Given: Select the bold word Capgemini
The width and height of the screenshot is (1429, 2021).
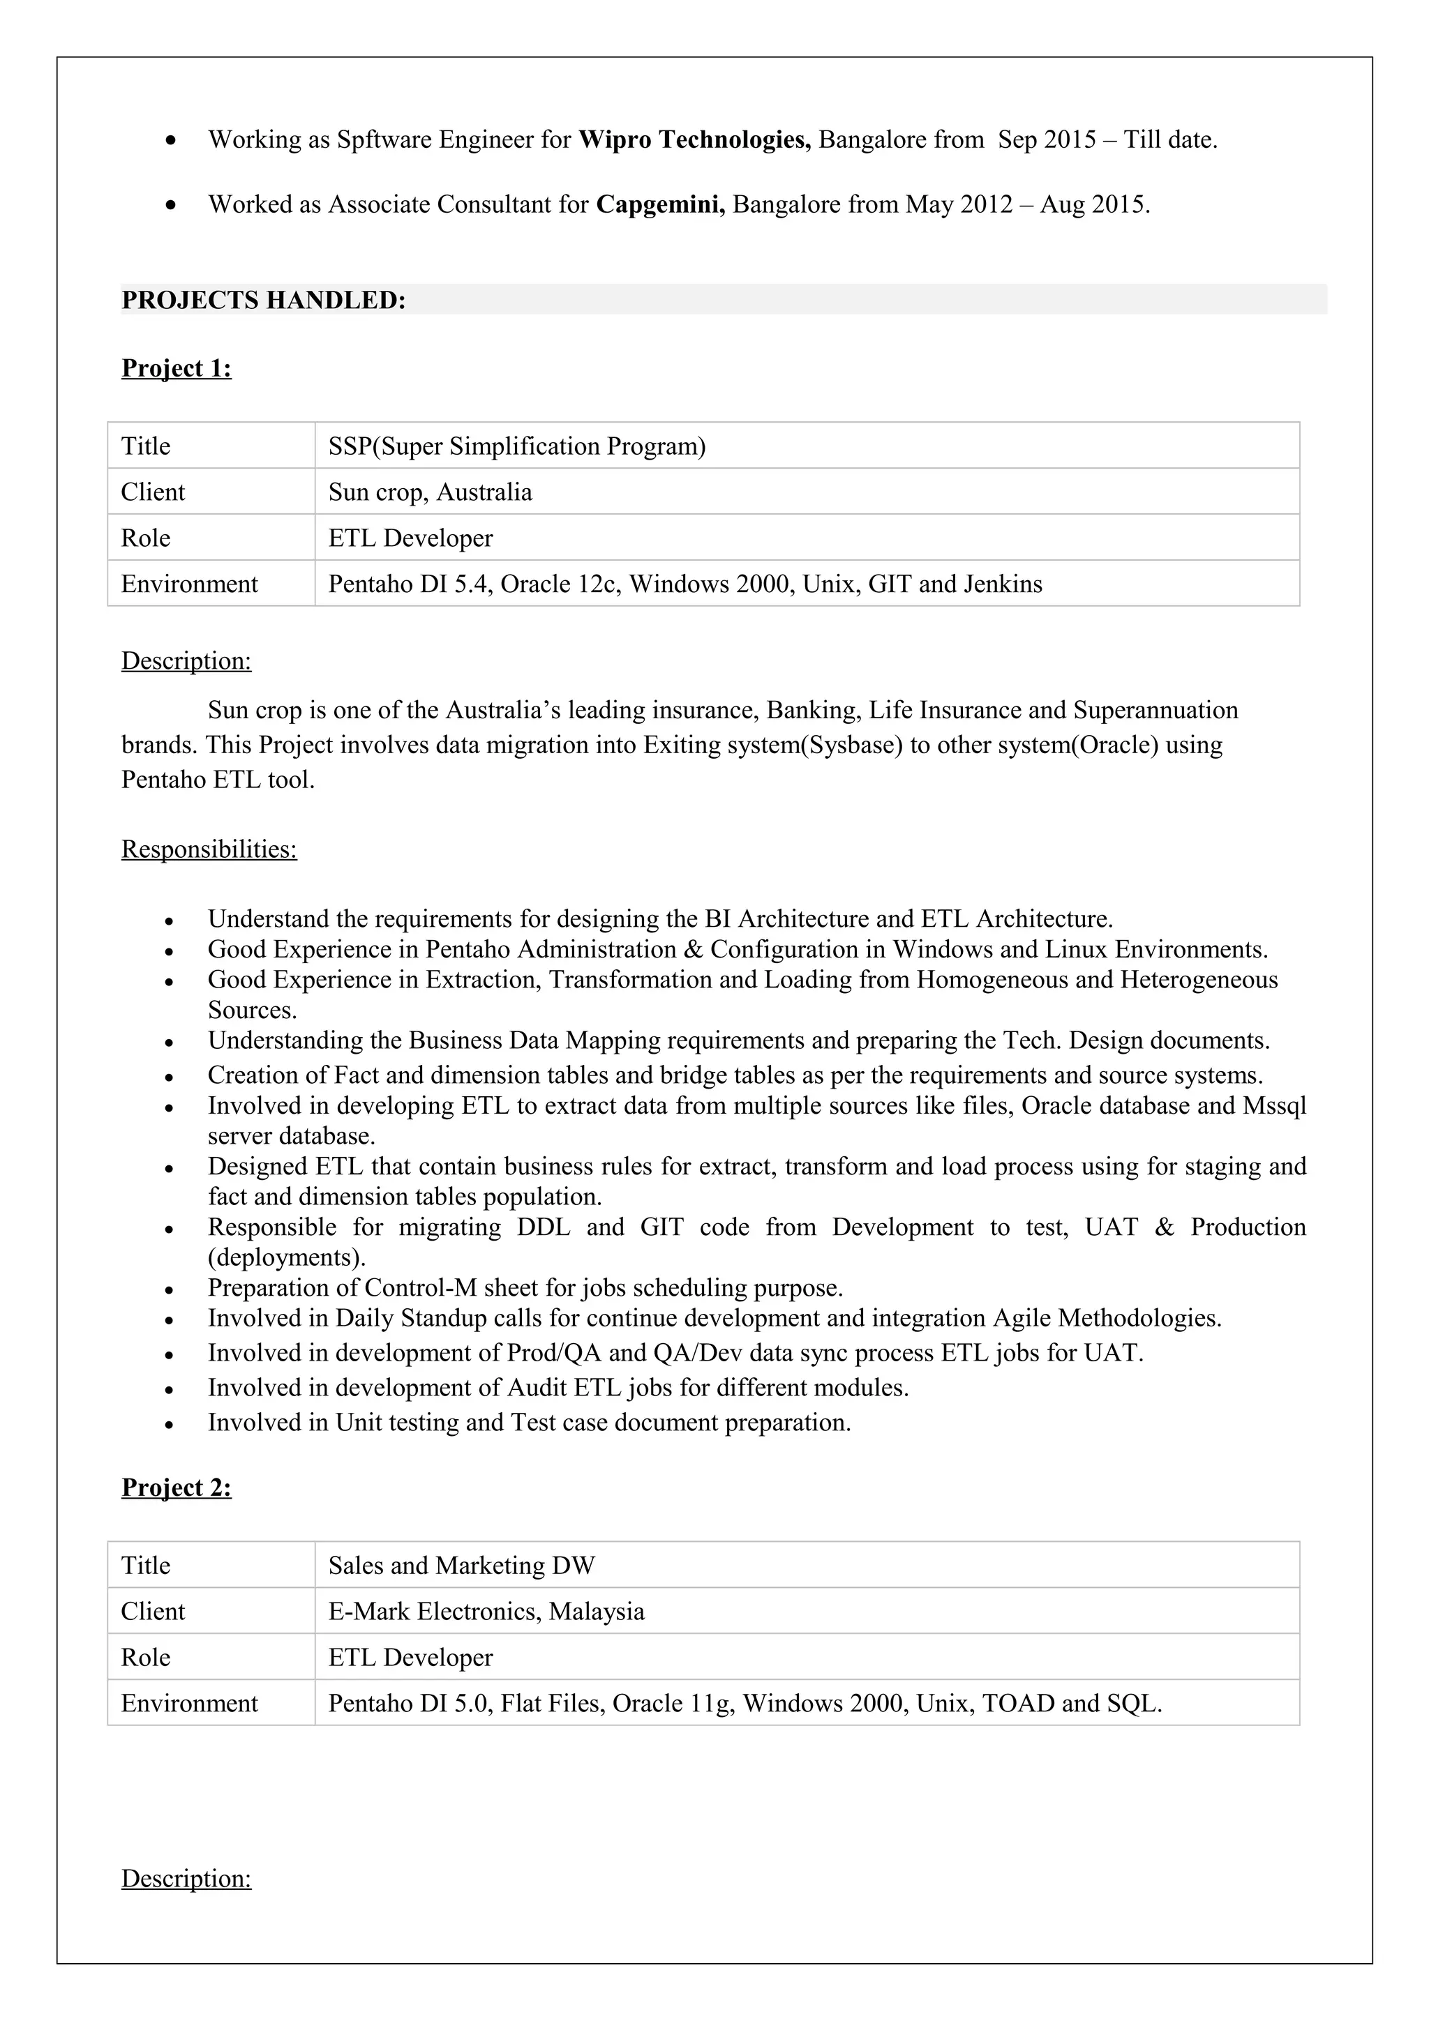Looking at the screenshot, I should tap(660, 204).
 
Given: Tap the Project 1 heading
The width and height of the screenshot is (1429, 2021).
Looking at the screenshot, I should tap(176, 368).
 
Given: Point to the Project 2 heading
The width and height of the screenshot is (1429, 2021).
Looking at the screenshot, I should tap(176, 1487).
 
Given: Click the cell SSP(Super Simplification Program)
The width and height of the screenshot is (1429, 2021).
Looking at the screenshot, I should tap(517, 446).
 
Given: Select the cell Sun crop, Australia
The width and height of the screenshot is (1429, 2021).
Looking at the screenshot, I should tap(430, 492).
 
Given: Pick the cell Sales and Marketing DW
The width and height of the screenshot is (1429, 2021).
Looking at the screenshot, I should tap(461, 1565).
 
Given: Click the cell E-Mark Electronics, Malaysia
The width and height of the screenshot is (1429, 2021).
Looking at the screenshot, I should tap(486, 1611).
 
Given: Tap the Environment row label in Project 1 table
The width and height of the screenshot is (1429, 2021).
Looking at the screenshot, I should tap(189, 584).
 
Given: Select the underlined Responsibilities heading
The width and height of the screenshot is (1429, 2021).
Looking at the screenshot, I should tap(209, 849).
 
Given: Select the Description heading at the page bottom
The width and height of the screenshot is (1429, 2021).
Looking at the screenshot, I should tap(186, 1879).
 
